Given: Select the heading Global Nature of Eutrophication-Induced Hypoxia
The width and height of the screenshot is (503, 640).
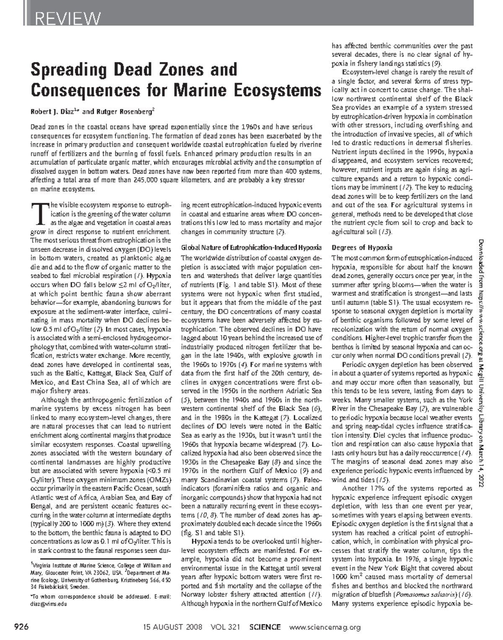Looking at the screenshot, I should point(251,247).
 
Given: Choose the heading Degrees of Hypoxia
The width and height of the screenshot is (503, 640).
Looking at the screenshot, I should point(362,247).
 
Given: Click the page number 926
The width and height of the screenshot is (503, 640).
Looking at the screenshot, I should point(21,627).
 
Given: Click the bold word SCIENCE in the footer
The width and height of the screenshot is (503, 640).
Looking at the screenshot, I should point(264,627).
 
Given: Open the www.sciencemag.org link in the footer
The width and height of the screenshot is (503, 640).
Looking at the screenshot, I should point(325,627).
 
